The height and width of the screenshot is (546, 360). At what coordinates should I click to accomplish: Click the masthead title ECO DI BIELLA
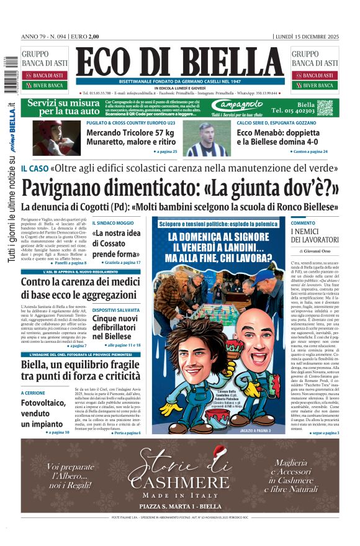pos(180,61)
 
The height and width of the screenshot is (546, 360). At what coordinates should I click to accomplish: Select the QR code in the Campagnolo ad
pos(325,107)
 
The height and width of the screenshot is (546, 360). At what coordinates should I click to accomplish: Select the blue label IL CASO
pos(34,168)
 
